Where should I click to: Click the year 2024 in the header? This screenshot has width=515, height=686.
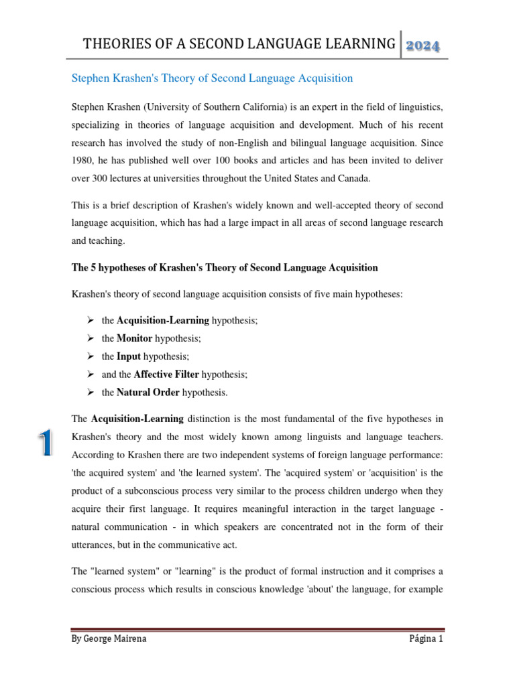422,46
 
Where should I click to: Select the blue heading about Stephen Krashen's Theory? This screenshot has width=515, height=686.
212,78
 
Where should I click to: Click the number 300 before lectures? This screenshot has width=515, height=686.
102,179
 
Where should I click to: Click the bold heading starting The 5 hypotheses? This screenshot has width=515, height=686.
225,267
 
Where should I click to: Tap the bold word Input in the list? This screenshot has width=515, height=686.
128,356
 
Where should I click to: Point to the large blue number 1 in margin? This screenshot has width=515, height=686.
46,444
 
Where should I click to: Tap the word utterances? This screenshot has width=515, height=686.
94,545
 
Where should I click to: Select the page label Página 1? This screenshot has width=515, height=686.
426,638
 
